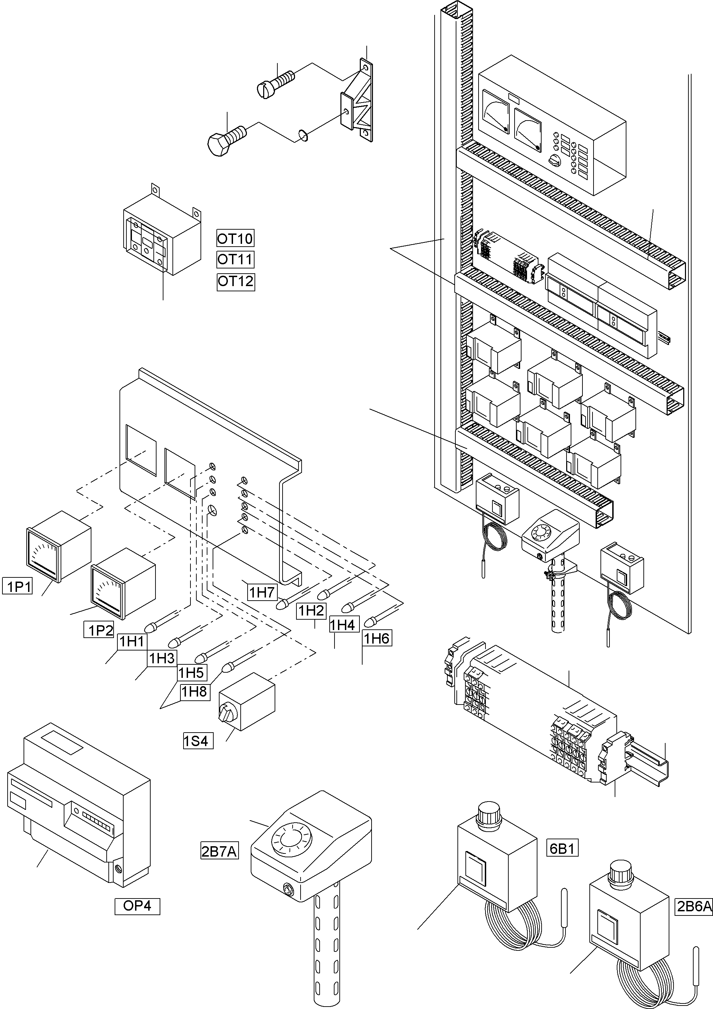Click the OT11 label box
[235, 259]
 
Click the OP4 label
[137, 906]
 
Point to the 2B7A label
[219, 852]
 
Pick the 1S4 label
[198, 741]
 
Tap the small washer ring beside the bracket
[303, 136]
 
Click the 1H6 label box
[376, 638]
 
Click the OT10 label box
[235, 239]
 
